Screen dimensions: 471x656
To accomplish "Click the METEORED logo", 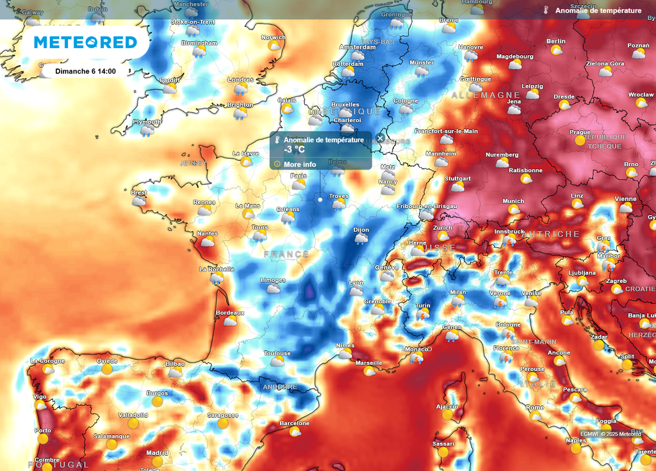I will (x=85, y=43).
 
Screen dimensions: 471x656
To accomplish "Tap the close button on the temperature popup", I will (x=380, y=138).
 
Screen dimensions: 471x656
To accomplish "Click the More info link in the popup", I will (x=300, y=164).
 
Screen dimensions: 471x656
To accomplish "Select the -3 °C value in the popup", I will (x=295, y=150).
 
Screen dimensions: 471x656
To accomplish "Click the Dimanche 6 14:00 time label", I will (x=85, y=71).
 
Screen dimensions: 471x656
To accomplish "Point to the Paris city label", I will (x=299, y=176).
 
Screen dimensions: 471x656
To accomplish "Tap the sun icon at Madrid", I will (x=157, y=461).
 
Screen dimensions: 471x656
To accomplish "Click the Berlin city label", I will (x=556, y=41).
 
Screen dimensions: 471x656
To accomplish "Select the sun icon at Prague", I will (x=580, y=140).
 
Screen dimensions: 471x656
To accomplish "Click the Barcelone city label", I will (x=295, y=423).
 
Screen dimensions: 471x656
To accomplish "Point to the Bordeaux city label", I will (x=230, y=312).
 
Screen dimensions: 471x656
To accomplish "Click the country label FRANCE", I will (x=286, y=254).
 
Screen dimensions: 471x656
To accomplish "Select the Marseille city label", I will (x=369, y=362).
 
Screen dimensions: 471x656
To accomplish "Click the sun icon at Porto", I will (x=43, y=439).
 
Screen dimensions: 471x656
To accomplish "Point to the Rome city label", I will (x=535, y=407).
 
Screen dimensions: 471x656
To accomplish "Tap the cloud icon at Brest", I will (x=139, y=201).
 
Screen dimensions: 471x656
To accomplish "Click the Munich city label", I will (x=513, y=201).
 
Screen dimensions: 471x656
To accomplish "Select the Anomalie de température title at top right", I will (x=598, y=11).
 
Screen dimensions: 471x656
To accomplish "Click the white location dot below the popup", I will (x=320, y=199).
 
